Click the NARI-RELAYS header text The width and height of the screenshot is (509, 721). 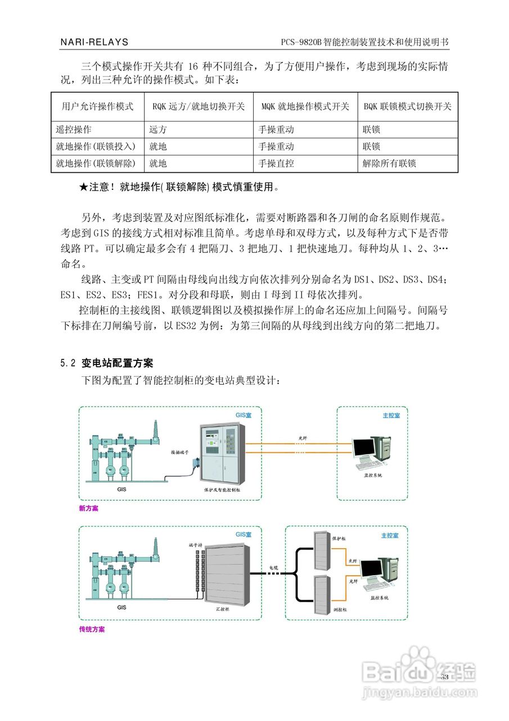coord(94,42)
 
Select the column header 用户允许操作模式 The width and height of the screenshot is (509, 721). coord(97,106)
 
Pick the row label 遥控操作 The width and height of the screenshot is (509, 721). coord(73,130)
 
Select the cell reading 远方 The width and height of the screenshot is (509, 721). coord(158,130)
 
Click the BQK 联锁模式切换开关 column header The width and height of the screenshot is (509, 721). coord(407,106)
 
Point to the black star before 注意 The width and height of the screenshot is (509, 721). coord(84,187)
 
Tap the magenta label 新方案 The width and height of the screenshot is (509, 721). coord(89,508)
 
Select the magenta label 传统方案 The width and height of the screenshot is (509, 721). coord(92,629)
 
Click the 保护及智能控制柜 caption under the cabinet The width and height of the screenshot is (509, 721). coord(223,491)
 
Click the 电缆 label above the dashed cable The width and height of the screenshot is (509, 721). coord(273,567)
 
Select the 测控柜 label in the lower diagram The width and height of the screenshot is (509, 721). coord(340,609)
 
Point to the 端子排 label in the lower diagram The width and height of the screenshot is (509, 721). coord(195,545)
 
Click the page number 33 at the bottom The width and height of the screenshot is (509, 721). coord(444,677)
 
